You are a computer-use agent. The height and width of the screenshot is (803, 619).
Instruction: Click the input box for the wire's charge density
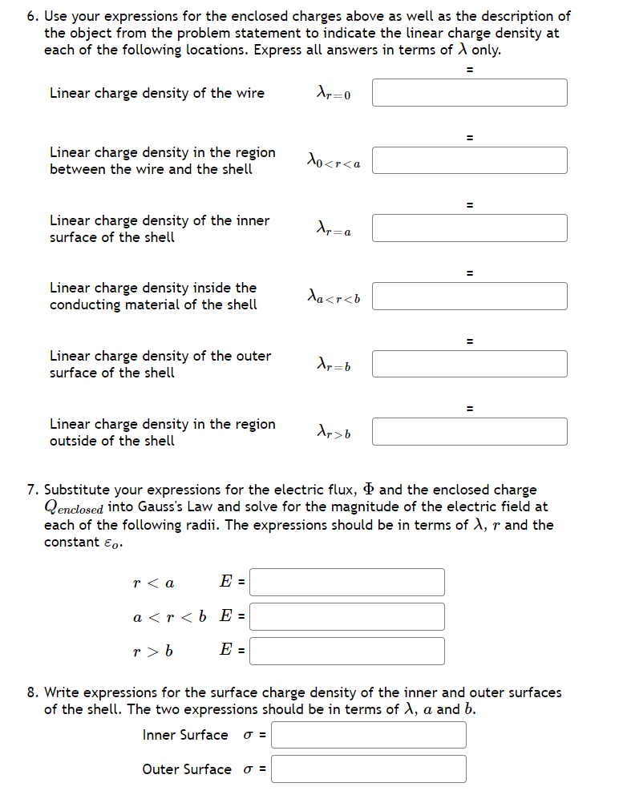tap(469, 93)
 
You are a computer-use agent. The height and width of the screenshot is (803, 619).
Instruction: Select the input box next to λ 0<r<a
tap(469, 160)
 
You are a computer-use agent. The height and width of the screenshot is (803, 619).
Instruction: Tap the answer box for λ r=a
tap(469, 228)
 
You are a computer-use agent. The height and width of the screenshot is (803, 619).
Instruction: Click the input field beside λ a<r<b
tap(469, 297)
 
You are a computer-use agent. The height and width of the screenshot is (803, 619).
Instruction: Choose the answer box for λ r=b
tap(469, 364)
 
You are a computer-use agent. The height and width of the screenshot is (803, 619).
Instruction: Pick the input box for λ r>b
tap(469, 432)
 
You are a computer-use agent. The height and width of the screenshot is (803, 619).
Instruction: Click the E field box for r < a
tap(347, 583)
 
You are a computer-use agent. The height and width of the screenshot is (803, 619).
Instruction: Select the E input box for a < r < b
tap(347, 616)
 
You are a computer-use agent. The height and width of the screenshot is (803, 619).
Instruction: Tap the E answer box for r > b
tap(347, 651)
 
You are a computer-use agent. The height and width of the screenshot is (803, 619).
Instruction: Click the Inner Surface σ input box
tap(369, 735)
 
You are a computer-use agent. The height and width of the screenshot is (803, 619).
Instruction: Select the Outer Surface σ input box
tap(369, 769)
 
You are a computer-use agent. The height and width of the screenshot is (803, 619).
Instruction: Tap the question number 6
tap(32, 16)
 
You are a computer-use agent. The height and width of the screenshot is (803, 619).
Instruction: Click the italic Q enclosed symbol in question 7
tap(74, 508)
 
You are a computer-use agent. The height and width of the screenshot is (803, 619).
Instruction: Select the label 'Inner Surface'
tap(185, 735)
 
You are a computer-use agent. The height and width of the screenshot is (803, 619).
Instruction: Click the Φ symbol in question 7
tap(369, 490)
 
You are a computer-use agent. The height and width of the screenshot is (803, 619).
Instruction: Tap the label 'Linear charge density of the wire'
tap(157, 93)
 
